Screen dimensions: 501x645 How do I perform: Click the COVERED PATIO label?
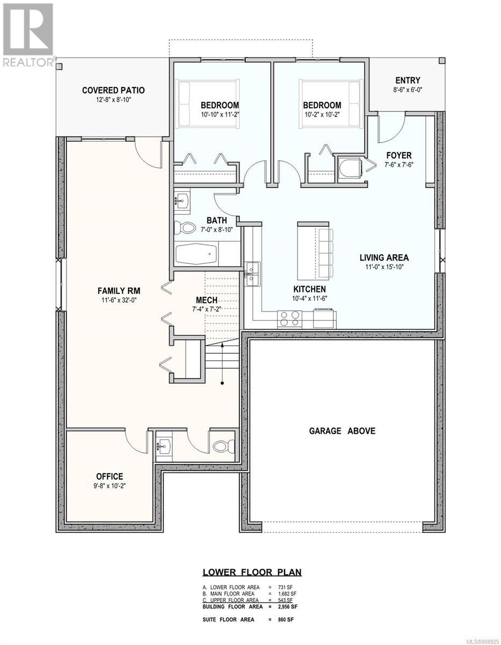113,90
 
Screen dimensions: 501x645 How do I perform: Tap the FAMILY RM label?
119,291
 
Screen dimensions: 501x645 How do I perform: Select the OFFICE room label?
110,476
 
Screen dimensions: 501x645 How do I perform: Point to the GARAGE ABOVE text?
342,431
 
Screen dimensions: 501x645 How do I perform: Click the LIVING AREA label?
384,257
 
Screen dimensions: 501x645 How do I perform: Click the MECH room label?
207,300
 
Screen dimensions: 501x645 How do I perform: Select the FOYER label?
399,155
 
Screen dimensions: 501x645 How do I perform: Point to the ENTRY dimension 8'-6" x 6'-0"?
408,90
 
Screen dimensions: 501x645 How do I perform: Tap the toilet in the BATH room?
184,227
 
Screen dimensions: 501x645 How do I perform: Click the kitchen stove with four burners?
289,319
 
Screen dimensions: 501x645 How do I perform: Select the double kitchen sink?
252,274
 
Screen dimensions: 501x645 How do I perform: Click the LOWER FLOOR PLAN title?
252,572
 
